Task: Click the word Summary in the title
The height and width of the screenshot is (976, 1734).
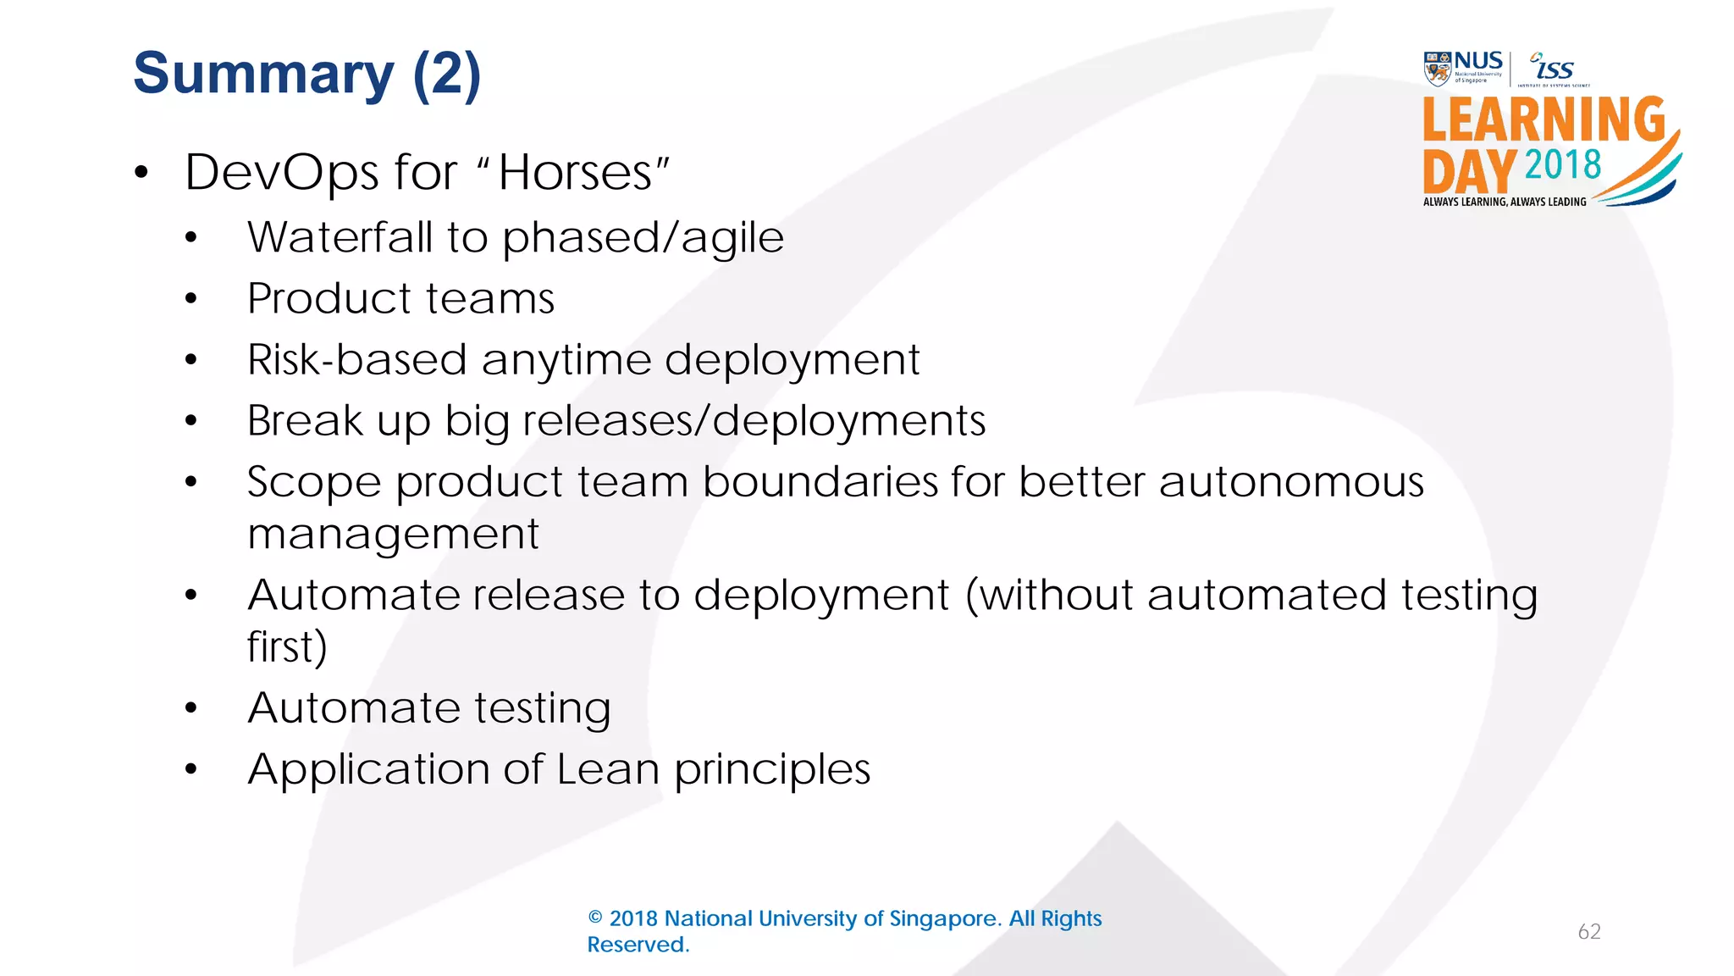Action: [x=262, y=75]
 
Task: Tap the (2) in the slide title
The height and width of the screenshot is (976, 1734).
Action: [x=446, y=75]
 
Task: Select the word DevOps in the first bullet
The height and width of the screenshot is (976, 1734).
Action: [x=281, y=173]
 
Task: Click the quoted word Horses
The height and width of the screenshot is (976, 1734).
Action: [x=576, y=173]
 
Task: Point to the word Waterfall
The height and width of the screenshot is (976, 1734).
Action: [x=340, y=237]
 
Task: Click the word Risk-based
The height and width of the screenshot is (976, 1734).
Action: [x=356, y=360]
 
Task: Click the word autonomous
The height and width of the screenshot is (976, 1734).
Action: [x=1291, y=482]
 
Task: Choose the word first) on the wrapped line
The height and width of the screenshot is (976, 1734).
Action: [x=286, y=647]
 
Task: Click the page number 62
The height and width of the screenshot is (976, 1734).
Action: [x=1589, y=932]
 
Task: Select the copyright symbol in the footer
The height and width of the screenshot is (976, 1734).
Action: [x=595, y=918]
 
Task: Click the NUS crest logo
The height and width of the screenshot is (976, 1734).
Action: [x=1438, y=69]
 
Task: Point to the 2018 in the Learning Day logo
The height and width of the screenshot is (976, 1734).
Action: [x=1562, y=164]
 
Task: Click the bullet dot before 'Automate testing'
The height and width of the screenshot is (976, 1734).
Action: [x=191, y=708]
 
